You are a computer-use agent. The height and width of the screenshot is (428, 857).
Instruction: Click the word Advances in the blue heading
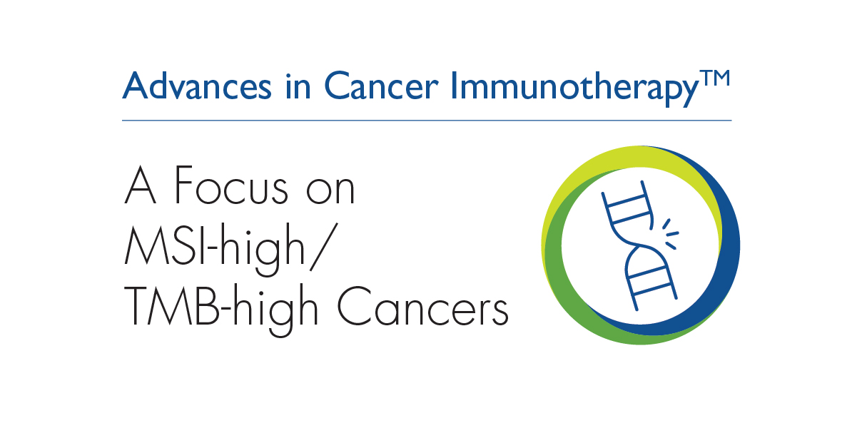(197, 86)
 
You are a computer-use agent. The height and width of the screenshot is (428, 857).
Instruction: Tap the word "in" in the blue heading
(298, 86)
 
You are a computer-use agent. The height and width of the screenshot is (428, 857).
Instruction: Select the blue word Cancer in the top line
(381, 86)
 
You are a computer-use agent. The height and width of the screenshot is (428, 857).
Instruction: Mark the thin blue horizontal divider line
(427, 121)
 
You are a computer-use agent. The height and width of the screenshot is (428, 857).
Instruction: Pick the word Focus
(231, 185)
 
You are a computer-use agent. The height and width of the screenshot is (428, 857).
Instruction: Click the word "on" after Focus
(330, 189)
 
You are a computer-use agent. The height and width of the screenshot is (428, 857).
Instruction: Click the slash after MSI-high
(324, 247)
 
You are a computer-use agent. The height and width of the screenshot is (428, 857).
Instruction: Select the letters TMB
(171, 306)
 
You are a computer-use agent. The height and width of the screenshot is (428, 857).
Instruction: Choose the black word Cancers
(422, 306)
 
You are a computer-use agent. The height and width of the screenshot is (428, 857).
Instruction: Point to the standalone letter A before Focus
(140, 185)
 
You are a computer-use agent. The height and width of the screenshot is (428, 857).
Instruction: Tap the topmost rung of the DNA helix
(626, 200)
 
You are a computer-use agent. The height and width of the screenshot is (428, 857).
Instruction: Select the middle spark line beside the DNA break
(673, 233)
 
